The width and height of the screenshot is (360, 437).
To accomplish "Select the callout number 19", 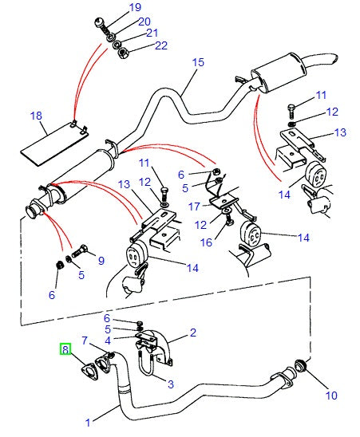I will [134, 8].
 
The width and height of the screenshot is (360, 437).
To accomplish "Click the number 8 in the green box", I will [65, 348].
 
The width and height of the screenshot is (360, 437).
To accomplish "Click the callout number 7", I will [85, 341].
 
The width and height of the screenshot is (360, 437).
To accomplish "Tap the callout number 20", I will [144, 22].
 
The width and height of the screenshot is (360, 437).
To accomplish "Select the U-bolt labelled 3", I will [148, 368].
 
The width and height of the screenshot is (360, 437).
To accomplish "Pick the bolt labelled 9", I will [84, 250].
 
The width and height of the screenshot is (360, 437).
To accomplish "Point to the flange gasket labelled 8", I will [85, 370].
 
